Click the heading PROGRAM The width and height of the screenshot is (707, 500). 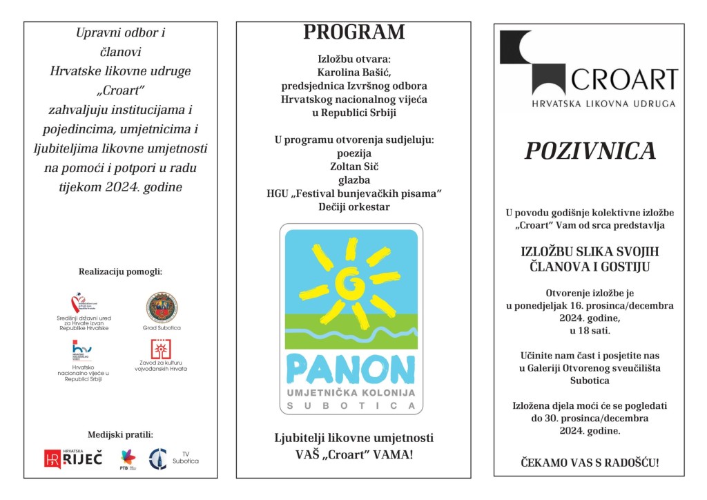354,32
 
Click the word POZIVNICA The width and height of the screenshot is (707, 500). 590,151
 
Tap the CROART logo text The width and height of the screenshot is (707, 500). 624,80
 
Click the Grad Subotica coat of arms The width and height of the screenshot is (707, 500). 162,307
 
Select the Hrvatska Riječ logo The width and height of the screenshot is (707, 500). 73,458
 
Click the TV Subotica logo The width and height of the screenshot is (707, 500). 159,458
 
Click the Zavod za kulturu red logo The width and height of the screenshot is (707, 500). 162,349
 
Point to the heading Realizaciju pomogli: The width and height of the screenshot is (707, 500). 121,271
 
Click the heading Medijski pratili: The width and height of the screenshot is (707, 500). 121,434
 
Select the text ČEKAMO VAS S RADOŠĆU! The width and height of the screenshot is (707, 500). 590,462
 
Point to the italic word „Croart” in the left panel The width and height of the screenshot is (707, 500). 121,90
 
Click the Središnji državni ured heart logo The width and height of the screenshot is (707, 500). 81,304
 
